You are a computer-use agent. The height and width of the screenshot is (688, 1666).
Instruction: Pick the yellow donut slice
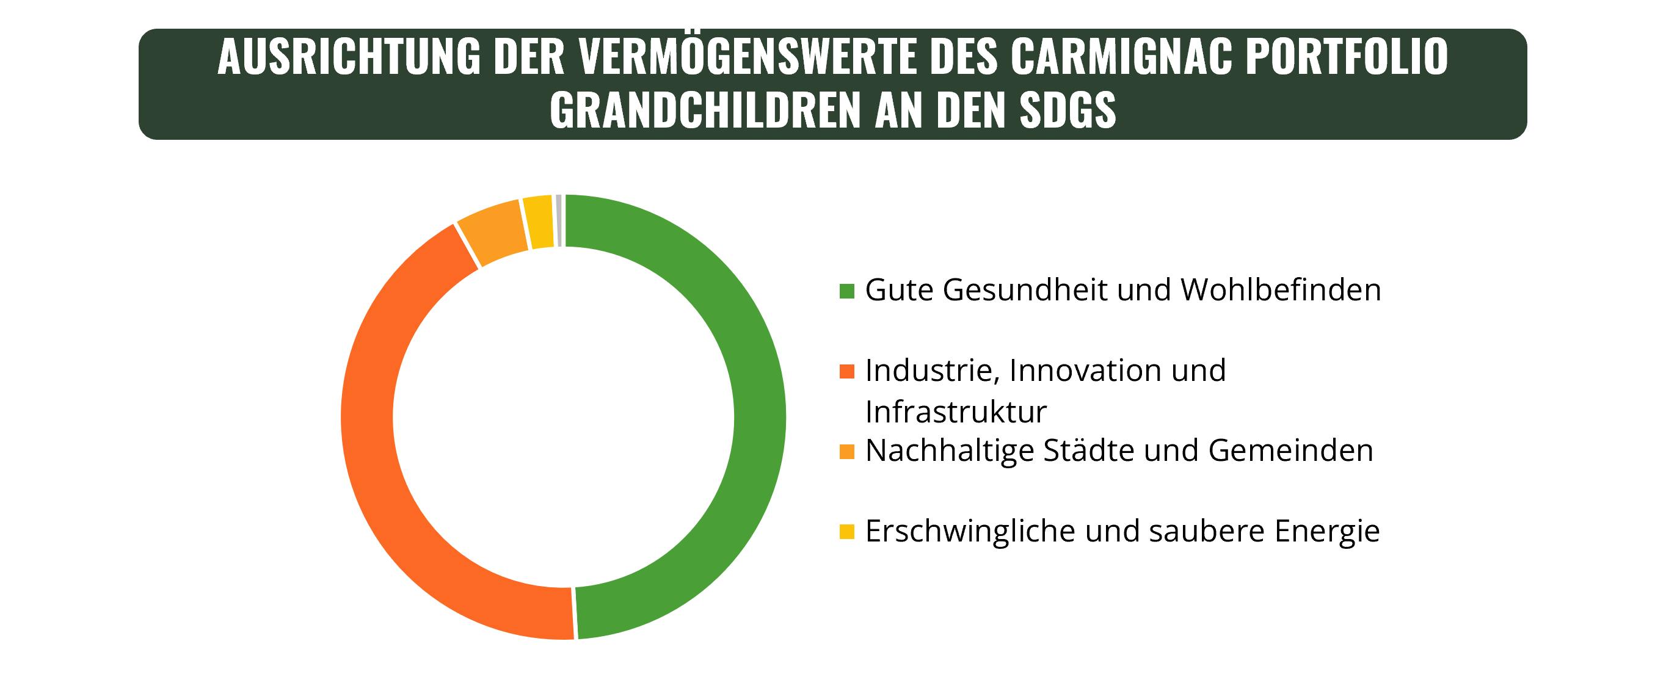(539, 221)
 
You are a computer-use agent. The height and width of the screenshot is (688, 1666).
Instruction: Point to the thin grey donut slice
(558, 220)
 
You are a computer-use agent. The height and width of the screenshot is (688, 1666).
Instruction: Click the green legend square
(846, 291)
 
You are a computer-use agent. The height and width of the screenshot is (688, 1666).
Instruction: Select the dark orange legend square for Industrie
(846, 371)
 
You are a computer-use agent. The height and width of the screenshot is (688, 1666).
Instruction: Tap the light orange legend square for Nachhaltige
(846, 451)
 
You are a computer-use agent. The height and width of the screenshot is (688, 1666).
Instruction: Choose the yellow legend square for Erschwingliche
(846, 532)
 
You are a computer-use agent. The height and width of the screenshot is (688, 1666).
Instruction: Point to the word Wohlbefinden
(1281, 291)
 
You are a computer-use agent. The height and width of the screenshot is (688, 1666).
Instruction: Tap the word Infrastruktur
(955, 412)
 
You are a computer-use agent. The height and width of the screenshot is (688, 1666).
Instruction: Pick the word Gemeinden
(1290, 451)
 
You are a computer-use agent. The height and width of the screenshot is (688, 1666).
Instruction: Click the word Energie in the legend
(1327, 532)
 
